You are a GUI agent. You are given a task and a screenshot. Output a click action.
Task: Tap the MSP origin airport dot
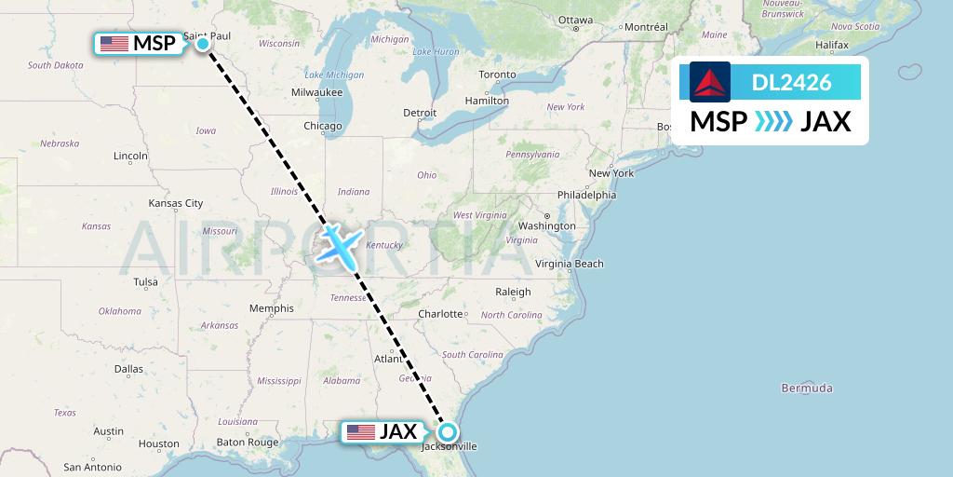pos(203,43)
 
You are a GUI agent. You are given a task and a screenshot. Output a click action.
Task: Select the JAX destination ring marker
pos(448,432)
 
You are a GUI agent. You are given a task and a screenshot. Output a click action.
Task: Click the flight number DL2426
pos(791,82)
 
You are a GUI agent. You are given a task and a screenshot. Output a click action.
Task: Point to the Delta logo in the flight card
pos(710,82)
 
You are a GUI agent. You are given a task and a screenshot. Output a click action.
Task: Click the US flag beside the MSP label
pos(114,43)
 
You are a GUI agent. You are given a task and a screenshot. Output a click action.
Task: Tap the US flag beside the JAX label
pos(359,432)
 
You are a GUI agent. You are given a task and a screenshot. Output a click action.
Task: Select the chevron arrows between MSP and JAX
pos(773,121)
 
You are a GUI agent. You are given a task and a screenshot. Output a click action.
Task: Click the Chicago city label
pos(322,126)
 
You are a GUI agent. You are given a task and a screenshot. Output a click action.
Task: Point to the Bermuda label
pos(806,388)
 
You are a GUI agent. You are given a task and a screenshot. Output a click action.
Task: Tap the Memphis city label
pos(271,308)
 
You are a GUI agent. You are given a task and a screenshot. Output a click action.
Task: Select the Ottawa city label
pos(575,20)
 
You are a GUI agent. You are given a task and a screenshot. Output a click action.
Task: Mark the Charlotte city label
pos(440,314)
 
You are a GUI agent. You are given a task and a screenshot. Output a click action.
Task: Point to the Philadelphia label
pos(585,195)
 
